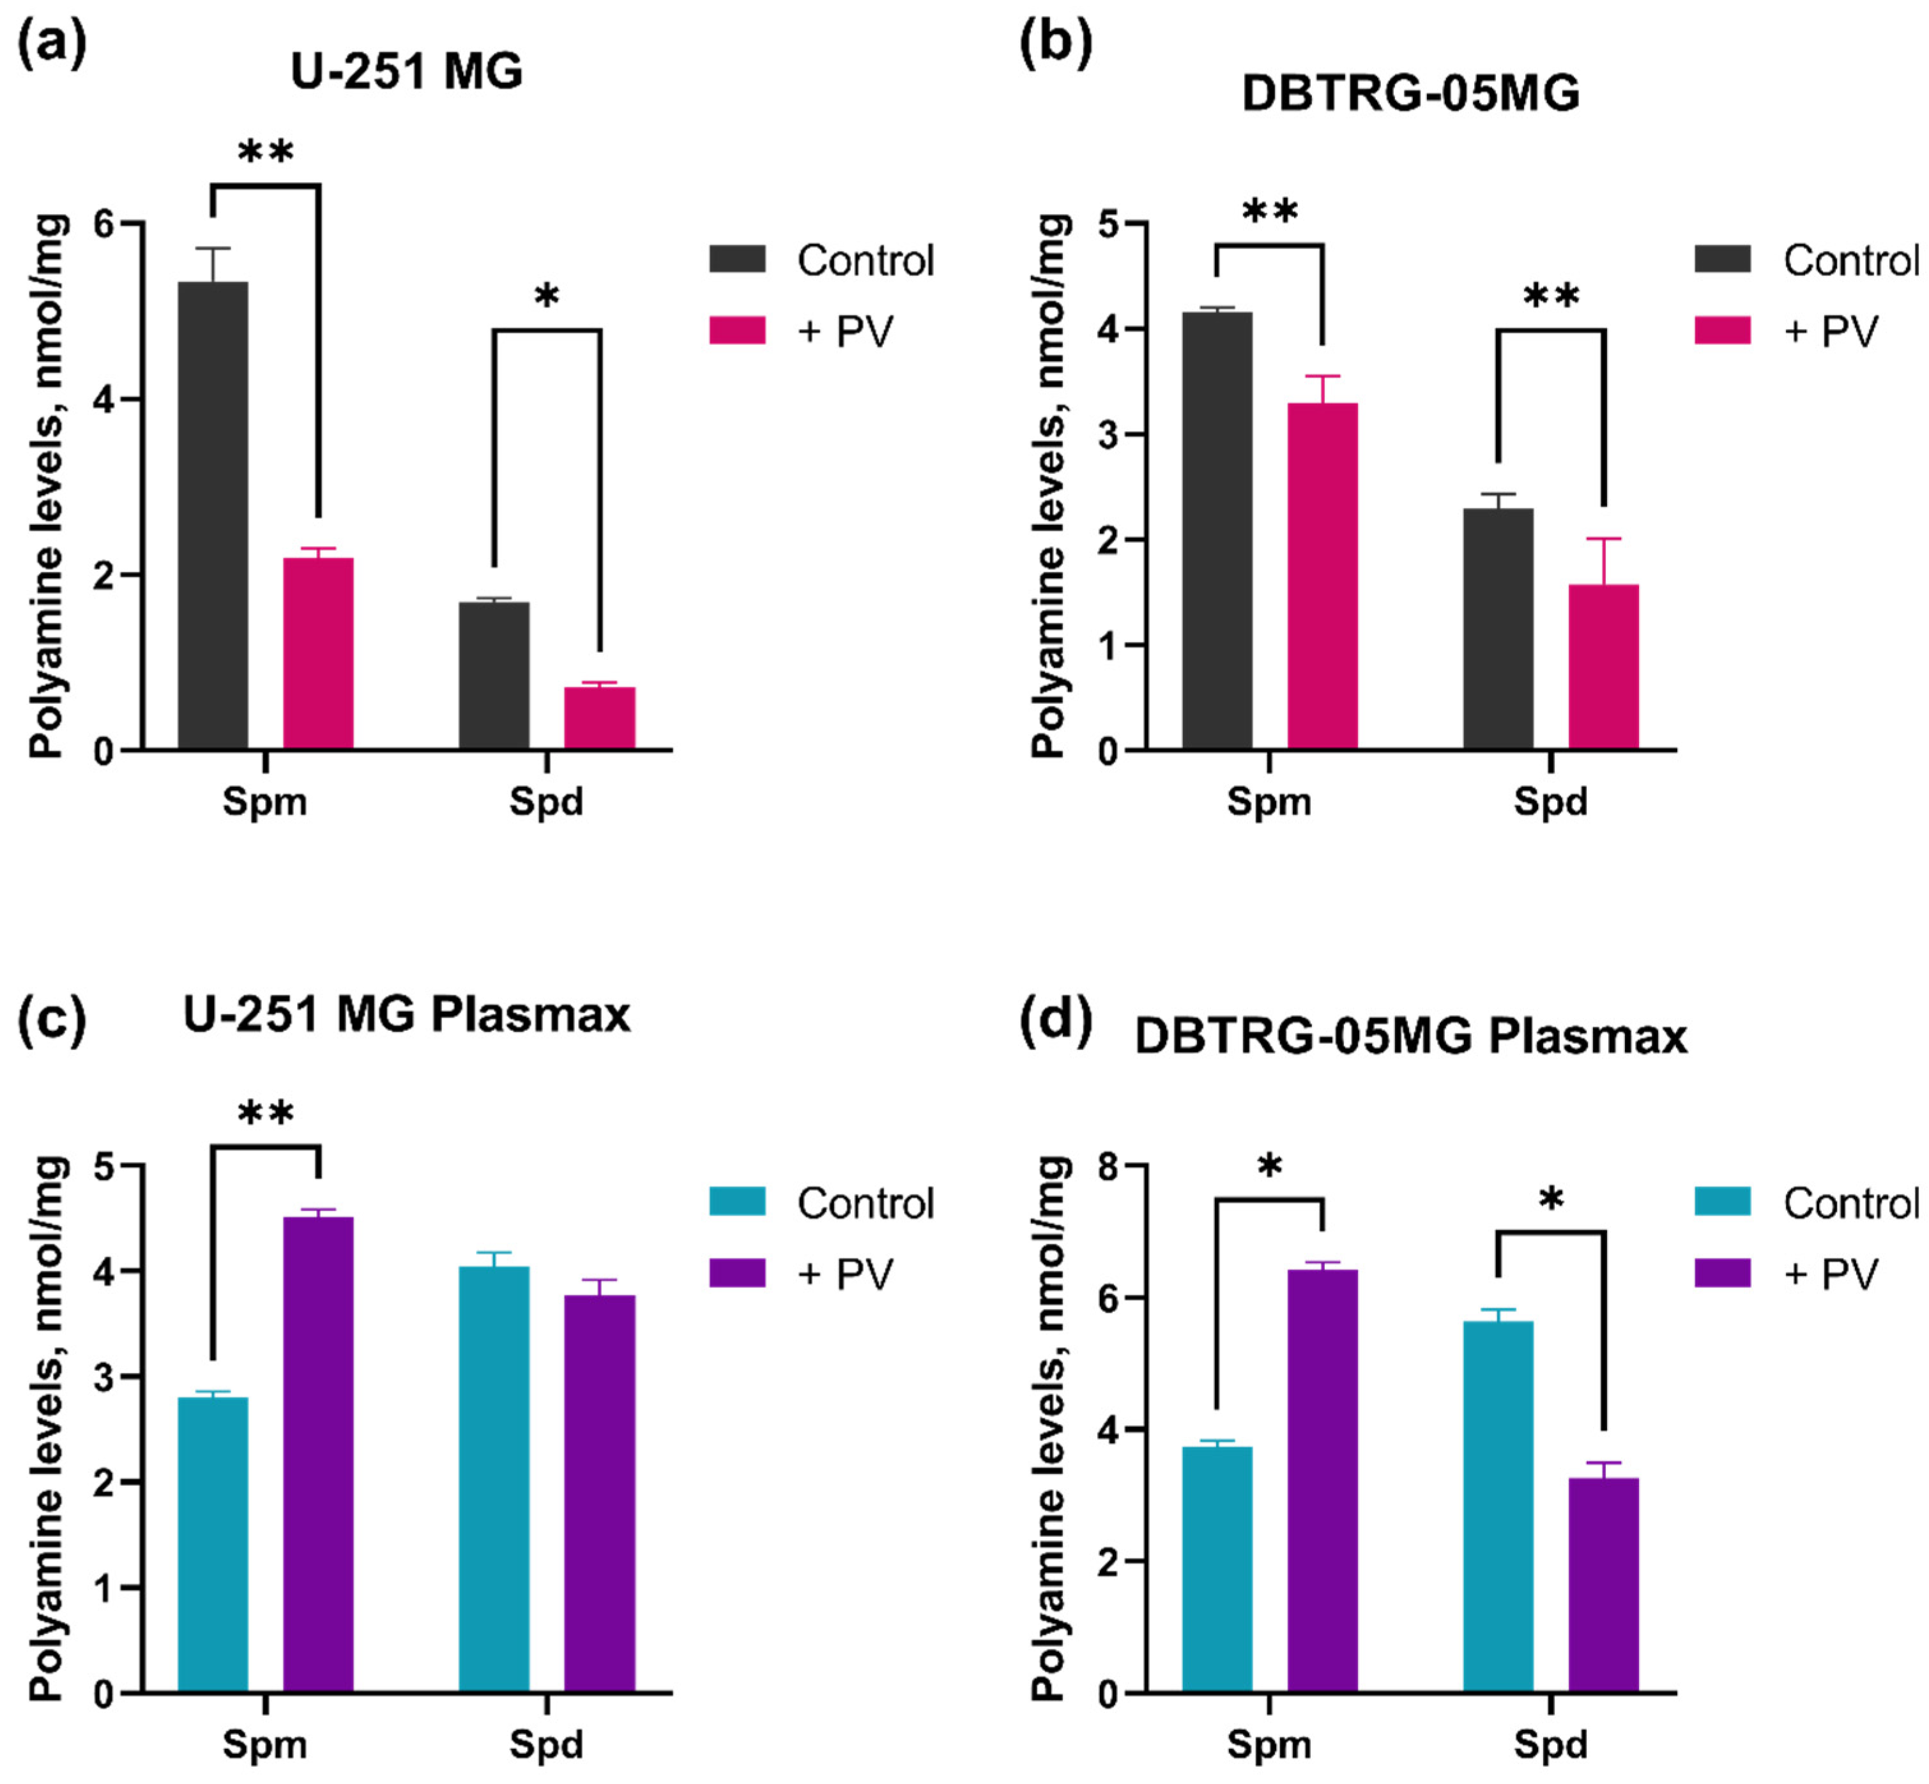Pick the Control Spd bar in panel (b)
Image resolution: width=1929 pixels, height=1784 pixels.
point(1497,629)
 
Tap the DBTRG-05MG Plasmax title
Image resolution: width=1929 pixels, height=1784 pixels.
point(1410,1037)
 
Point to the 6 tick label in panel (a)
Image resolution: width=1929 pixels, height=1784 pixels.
point(103,224)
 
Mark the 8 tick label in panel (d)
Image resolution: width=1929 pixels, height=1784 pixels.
point(1108,1167)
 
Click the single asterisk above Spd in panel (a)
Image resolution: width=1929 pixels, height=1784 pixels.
point(547,295)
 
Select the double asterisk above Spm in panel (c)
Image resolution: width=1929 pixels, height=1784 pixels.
point(266,1114)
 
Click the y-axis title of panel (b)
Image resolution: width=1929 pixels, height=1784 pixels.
point(1049,485)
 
